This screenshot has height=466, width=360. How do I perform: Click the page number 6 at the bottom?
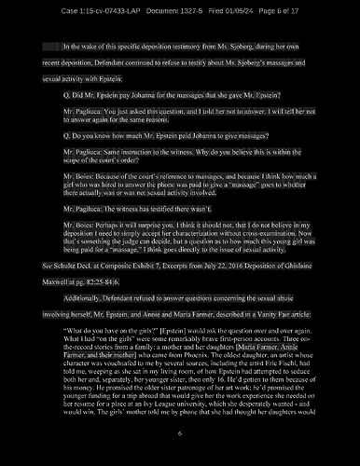tap(180, 434)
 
